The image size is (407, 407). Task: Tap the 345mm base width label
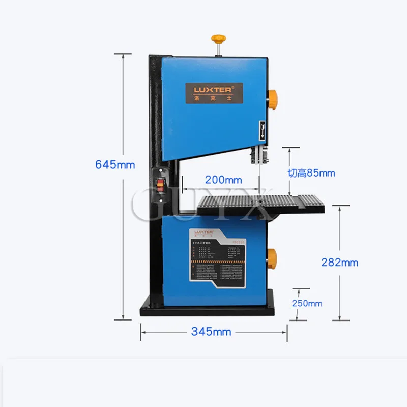[211, 332]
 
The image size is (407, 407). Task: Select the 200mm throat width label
[223, 179]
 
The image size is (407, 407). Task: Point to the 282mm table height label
[339, 263]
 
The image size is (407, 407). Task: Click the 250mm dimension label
[307, 303]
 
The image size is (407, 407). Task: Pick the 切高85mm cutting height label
[311, 173]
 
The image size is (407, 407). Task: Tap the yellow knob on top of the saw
[219, 39]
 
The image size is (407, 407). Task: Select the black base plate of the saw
[208, 308]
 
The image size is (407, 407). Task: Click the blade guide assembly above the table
[258, 155]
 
